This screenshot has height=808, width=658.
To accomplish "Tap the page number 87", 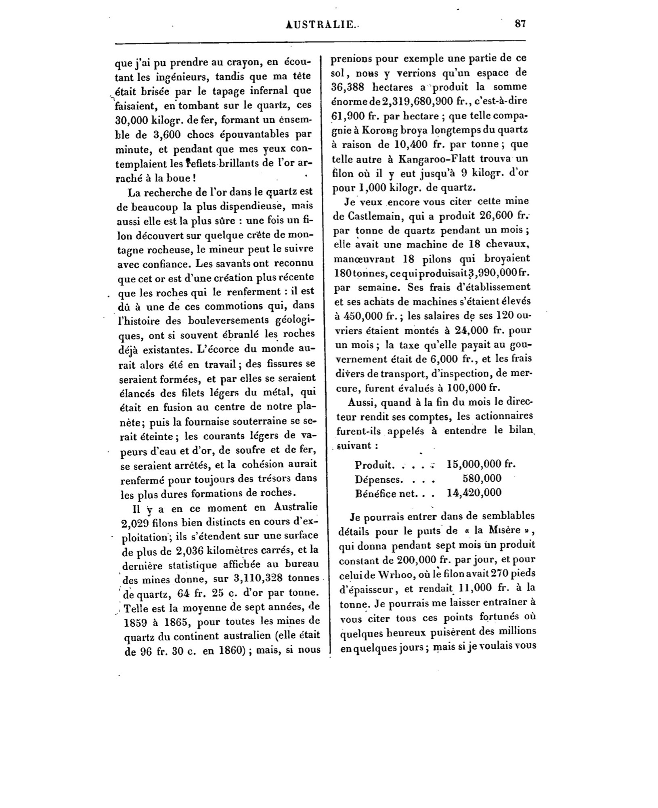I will (520, 23).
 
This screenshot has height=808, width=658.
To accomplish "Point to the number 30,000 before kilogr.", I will (131, 120).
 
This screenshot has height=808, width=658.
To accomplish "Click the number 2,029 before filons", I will (135, 522).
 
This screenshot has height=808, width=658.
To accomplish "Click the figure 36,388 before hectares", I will (348, 87).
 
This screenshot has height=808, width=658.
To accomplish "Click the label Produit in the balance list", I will (375, 465).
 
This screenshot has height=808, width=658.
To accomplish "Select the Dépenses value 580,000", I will (482, 479).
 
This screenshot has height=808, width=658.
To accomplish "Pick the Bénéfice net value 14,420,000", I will (474, 492).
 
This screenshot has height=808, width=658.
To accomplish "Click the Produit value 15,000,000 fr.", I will (481, 464).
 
